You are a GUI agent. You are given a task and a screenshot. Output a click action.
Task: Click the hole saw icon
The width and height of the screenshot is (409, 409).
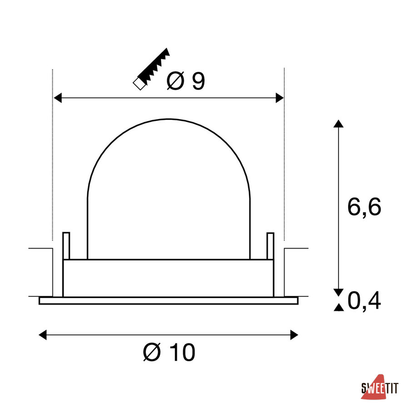(x=151, y=69)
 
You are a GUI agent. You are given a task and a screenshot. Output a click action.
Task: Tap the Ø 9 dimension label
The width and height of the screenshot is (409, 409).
(x=186, y=81)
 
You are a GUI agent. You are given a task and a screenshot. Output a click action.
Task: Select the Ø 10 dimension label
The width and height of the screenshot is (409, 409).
(x=169, y=352)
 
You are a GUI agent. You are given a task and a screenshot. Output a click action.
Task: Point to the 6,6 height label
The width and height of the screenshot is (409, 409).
(x=364, y=207)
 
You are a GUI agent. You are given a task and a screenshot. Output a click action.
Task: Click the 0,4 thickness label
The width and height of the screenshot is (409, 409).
(x=364, y=301)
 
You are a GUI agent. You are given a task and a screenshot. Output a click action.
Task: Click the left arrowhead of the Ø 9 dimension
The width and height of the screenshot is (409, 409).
(x=58, y=98)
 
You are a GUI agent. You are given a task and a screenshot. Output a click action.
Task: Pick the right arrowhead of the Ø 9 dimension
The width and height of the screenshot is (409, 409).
(x=279, y=98)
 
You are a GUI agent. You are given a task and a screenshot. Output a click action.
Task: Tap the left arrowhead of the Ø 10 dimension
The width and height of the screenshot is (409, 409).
(x=43, y=334)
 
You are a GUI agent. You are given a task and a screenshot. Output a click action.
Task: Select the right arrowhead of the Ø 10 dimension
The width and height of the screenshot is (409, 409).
(x=294, y=334)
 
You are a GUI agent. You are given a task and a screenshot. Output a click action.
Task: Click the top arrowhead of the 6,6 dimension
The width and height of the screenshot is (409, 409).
(x=338, y=124)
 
